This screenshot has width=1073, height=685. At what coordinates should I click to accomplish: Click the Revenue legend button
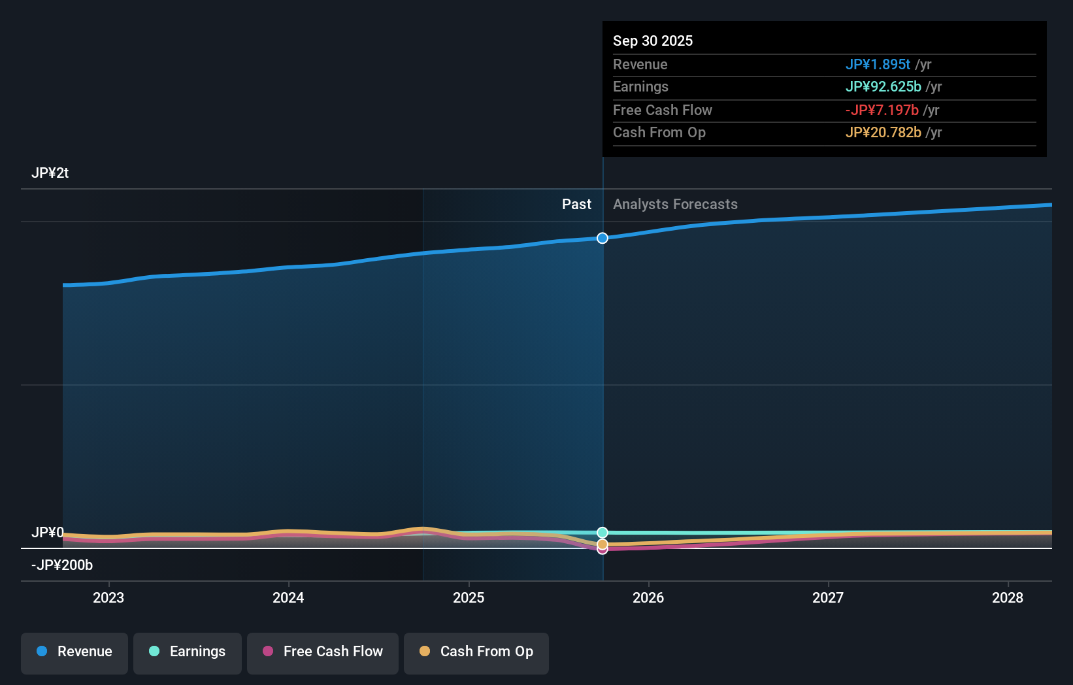pos(74,652)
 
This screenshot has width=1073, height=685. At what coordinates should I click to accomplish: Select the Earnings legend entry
pos(188,652)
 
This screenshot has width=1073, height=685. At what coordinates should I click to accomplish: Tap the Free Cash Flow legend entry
pos(323,652)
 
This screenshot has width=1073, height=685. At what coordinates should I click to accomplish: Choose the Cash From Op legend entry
pos(476,652)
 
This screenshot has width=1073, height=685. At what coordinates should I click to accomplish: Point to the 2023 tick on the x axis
pos(108,597)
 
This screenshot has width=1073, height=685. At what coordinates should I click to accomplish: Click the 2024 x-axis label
pos(288,597)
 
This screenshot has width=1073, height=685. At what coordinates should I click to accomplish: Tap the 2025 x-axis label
pos(469,597)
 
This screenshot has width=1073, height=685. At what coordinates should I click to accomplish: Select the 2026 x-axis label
pos(648,597)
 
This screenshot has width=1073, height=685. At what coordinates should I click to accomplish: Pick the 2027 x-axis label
pos(828,597)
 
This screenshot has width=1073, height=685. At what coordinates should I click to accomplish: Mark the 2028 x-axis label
pos(1008,597)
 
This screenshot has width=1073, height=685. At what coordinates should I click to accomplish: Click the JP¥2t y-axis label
pos(50,173)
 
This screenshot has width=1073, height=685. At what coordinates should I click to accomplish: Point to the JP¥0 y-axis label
pos(47,533)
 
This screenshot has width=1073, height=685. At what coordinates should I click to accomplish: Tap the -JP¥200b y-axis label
pos(62,565)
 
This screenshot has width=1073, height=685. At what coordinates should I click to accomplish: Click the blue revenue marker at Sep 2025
pos(603,238)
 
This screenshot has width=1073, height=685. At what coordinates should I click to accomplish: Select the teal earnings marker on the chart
pos(603,533)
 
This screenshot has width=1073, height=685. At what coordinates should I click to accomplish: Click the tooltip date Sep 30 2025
pos(652,41)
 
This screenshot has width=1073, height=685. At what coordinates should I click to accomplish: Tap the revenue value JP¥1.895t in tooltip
pos(878,65)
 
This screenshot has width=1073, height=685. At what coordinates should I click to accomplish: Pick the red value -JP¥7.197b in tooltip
pos(882,110)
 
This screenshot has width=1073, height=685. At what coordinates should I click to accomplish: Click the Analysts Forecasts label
pos(675,205)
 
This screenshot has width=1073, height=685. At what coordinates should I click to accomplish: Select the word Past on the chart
pos(576,205)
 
